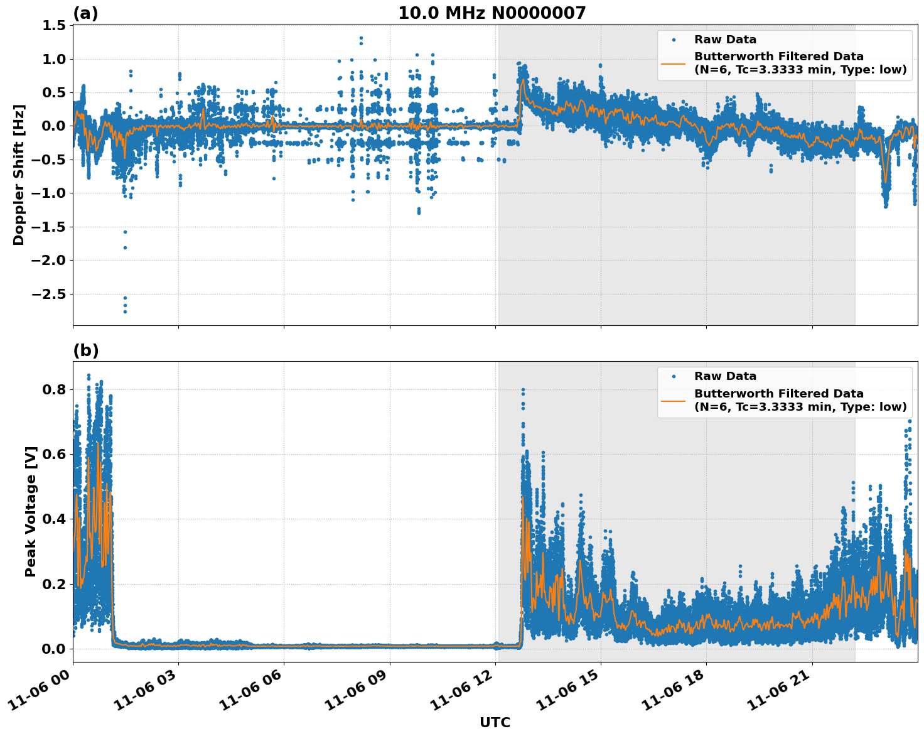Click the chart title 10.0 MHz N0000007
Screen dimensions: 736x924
[x=492, y=13]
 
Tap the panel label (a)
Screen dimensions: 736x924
[x=85, y=13]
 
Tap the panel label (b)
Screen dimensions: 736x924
[x=85, y=350]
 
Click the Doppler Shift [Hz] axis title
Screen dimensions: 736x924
[x=19, y=175]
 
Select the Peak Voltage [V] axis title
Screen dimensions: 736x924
[x=31, y=511]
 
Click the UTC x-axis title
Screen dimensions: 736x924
[x=495, y=722]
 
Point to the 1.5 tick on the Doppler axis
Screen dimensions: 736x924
[x=55, y=26]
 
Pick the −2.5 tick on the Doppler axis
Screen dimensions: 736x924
[x=47, y=294]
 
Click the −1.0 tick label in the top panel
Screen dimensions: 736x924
[x=47, y=193]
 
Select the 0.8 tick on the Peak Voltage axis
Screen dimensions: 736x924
[x=55, y=389]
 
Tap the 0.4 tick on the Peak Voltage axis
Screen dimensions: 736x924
[x=55, y=519]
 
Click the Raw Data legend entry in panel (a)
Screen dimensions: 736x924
[x=725, y=40]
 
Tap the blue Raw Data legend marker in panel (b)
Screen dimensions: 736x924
[x=674, y=377]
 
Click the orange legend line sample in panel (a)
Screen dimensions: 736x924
[x=674, y=63]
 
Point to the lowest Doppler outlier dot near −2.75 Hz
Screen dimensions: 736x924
[x=125, y=311]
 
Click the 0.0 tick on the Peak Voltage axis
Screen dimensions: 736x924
[x=55, y=649]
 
